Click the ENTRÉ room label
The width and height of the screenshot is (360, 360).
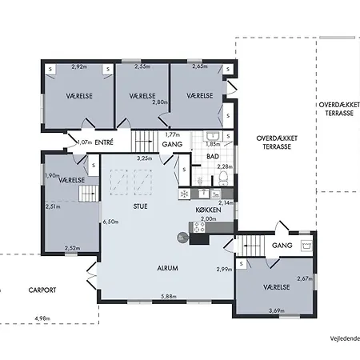(x=104, y=142)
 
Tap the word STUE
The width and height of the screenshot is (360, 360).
(x=140, y=206)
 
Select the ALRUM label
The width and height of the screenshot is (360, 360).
(x=167, y=268)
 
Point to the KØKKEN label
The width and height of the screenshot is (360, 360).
(x=208, y=210)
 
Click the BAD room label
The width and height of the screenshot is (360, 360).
(x=213, y=157)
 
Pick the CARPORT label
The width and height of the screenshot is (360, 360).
(x=42, y=290)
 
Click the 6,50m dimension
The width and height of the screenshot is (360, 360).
(x=110, y=222)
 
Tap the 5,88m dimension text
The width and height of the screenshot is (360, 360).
(x=169, y=296)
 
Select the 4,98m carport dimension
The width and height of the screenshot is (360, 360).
(x=42, y=318)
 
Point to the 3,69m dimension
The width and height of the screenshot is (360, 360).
(x=277, y=310)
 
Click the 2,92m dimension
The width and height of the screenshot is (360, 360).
(x=79, y=66)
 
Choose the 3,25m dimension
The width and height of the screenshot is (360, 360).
(x=145, y=158)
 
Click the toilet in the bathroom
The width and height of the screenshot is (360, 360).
(x=223, y=178)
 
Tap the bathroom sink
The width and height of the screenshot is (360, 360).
(x=213, y=136)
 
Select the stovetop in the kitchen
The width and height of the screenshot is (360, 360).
(x=199, y=227)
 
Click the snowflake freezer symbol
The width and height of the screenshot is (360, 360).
(x=184, y=194)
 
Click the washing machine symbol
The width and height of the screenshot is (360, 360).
(x=306, y=246)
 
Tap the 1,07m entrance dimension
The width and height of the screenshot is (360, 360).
(x=85, y=142)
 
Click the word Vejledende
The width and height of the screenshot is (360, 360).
(x=345, y=338)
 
